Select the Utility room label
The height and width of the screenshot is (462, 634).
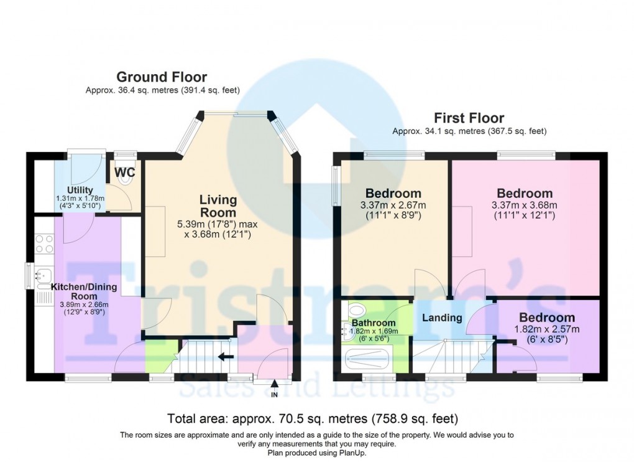click(80, 190)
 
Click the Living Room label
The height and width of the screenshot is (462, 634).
click(218, 207)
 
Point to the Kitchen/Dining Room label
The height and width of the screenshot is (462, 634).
click(83, 291)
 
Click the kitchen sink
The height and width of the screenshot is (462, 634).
click(44, 274)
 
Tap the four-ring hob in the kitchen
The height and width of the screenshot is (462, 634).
click(45, 243)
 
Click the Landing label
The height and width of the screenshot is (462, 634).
click(442, 318)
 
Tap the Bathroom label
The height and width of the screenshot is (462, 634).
click(374, 323)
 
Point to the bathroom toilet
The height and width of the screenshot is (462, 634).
click(356, 310)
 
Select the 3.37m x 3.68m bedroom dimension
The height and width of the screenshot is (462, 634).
click(524, 205)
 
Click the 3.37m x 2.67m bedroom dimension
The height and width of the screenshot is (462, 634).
click(393, 205)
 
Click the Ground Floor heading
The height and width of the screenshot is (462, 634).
click(162, 77)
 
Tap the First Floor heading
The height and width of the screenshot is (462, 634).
click(469, 118)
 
